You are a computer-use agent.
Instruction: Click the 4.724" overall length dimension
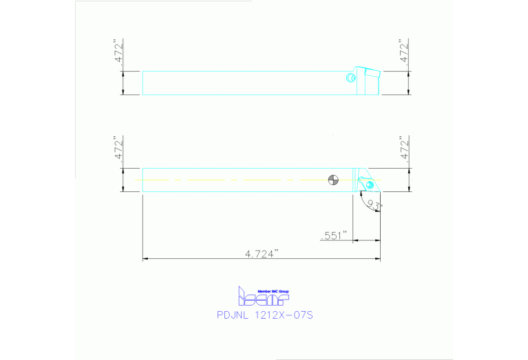point(261,253)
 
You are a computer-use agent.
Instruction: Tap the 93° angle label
point(374,204)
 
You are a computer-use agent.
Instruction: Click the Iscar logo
point(264,298)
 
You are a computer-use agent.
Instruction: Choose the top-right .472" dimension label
point(405,52)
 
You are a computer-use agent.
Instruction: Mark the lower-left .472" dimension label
point(118,149)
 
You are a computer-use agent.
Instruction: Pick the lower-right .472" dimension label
point(405,149)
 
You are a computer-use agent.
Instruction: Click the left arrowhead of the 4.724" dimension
point(145,260)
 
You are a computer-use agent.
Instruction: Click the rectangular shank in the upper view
point(241,83)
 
